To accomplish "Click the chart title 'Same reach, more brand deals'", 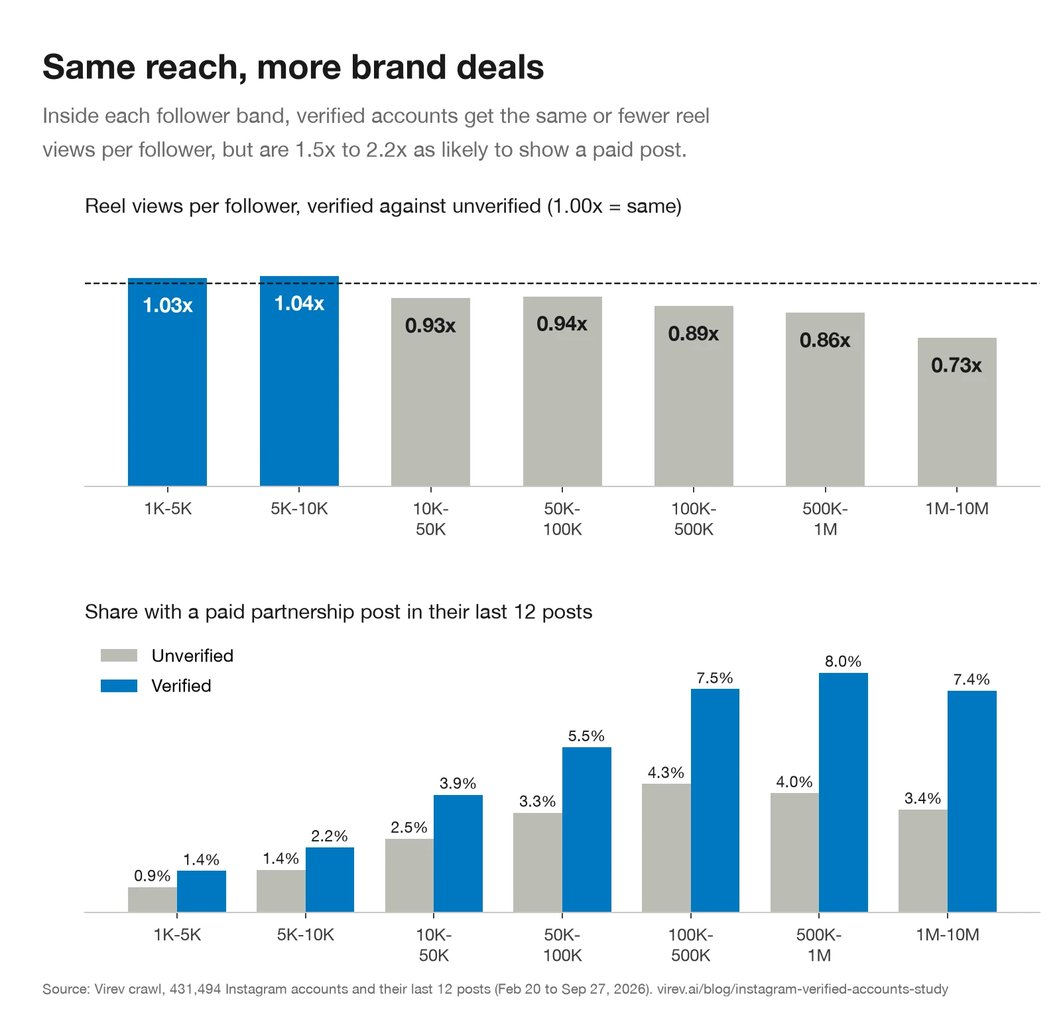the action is pyautogui.click(x=293, y=67).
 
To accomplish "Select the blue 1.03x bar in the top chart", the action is pyautogui.click(x=167, y=382).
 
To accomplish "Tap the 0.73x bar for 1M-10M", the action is pyautogui.click(x=957, y=412).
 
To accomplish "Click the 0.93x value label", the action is pyautogui.click(x=430, y=326).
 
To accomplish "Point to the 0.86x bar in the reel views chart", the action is pyautogui.click(x=825, y=399).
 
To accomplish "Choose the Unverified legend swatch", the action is pyautogui.click(x=119, y=656).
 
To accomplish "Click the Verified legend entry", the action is pyautogui.click(x=156, y=686).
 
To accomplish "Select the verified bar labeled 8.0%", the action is pyautogui.click(x=843, y=792).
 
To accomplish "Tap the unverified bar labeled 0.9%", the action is pyautogui.click(x=153, y=900).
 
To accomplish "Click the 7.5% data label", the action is pyautogui.click(x=715, y=678).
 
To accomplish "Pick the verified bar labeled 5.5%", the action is pyautogui.click(x=587, y=830).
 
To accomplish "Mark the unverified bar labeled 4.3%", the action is pyautogui.click(x=666, y=848).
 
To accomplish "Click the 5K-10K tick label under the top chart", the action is pyautogui.click(x=299, y=509).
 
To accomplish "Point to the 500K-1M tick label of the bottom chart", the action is pyautogui.click(x=819, y=945).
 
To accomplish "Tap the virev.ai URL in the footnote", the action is pyautogui.click(x=802, y=989).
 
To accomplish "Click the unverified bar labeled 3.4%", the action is pyautogui.click(x=923, y=861).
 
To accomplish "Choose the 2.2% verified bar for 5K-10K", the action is pyautogui.click(x=330, y=880).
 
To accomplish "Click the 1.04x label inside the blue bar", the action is pyautogui.click(x=299, y=304).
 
